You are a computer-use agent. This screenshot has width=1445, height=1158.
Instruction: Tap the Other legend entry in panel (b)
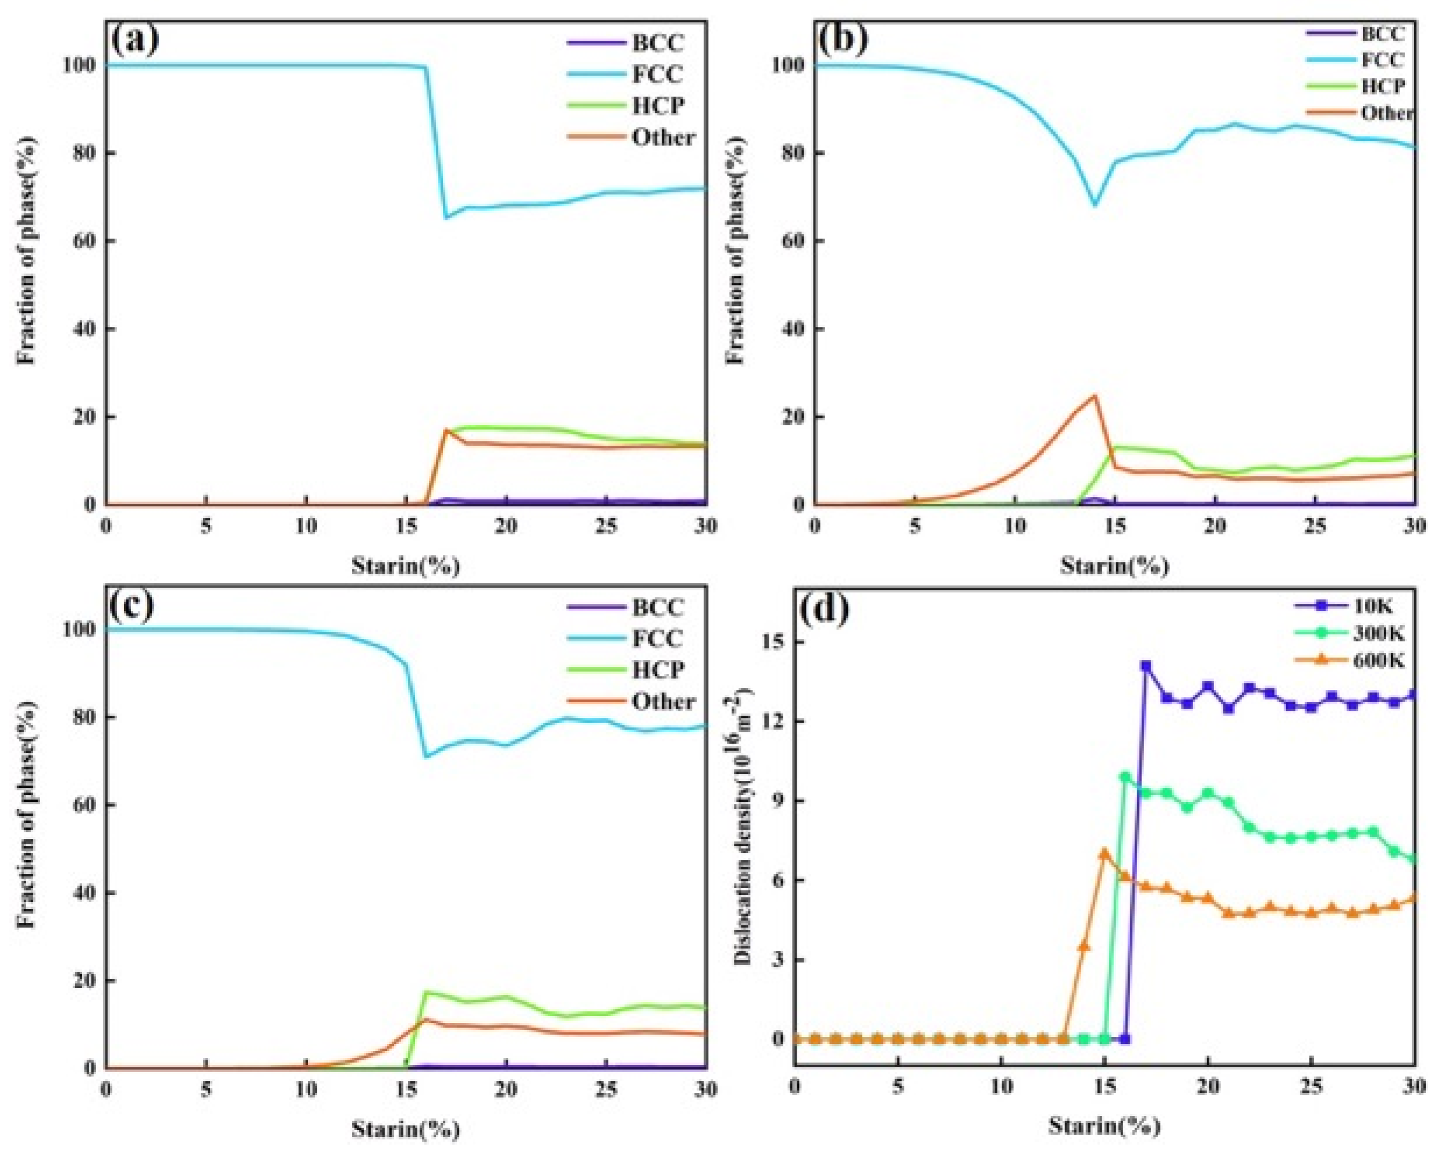[x=1386, y=112]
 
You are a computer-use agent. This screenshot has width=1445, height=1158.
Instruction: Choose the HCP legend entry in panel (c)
[x=658, y=669]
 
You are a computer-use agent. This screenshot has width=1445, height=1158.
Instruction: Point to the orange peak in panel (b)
[x=1095, y=395]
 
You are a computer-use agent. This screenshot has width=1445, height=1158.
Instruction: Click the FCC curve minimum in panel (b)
[x=1095, y=204]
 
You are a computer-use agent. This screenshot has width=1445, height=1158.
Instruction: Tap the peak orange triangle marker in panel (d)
[x=1104, y=852]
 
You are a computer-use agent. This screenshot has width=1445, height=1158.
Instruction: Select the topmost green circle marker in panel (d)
[x=1126, y=777]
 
